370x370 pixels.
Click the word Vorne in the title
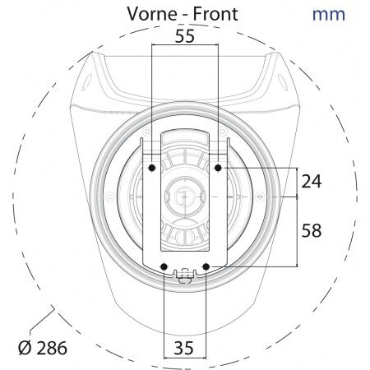tap(152, 14)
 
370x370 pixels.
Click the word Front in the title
tap(215, 14)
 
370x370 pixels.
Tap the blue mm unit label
tap(329, 15)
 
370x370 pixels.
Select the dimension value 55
tap(185, 36)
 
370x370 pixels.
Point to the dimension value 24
tap(312, 181)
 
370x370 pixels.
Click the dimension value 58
tap(312, 230)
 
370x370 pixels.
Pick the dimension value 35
tap(184, 348)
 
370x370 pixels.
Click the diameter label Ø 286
tap(43, 348)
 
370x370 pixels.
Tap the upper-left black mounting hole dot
tap(152, 168)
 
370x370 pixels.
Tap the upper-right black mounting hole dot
tap(218, 168)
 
